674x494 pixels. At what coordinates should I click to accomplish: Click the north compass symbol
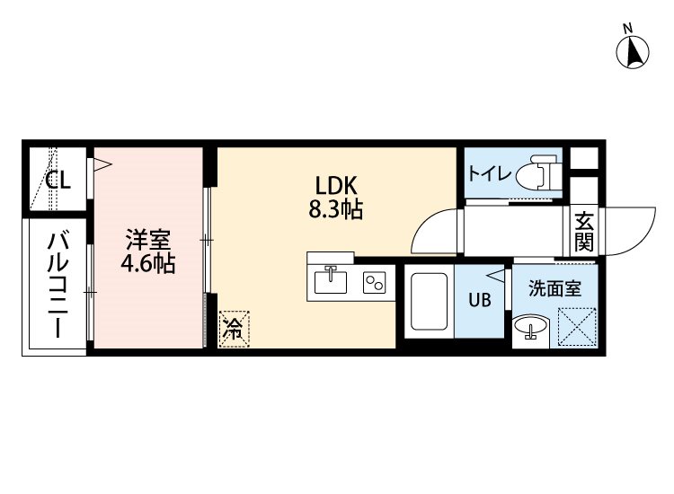point(634,50)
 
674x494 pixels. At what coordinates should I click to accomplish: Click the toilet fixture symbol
point(541,172)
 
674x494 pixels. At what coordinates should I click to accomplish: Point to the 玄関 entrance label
point(583,231)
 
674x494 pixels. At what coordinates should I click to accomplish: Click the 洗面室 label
point(554,289)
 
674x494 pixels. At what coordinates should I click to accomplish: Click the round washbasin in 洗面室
point(531,329)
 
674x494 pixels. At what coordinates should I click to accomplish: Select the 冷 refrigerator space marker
point(233,328)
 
